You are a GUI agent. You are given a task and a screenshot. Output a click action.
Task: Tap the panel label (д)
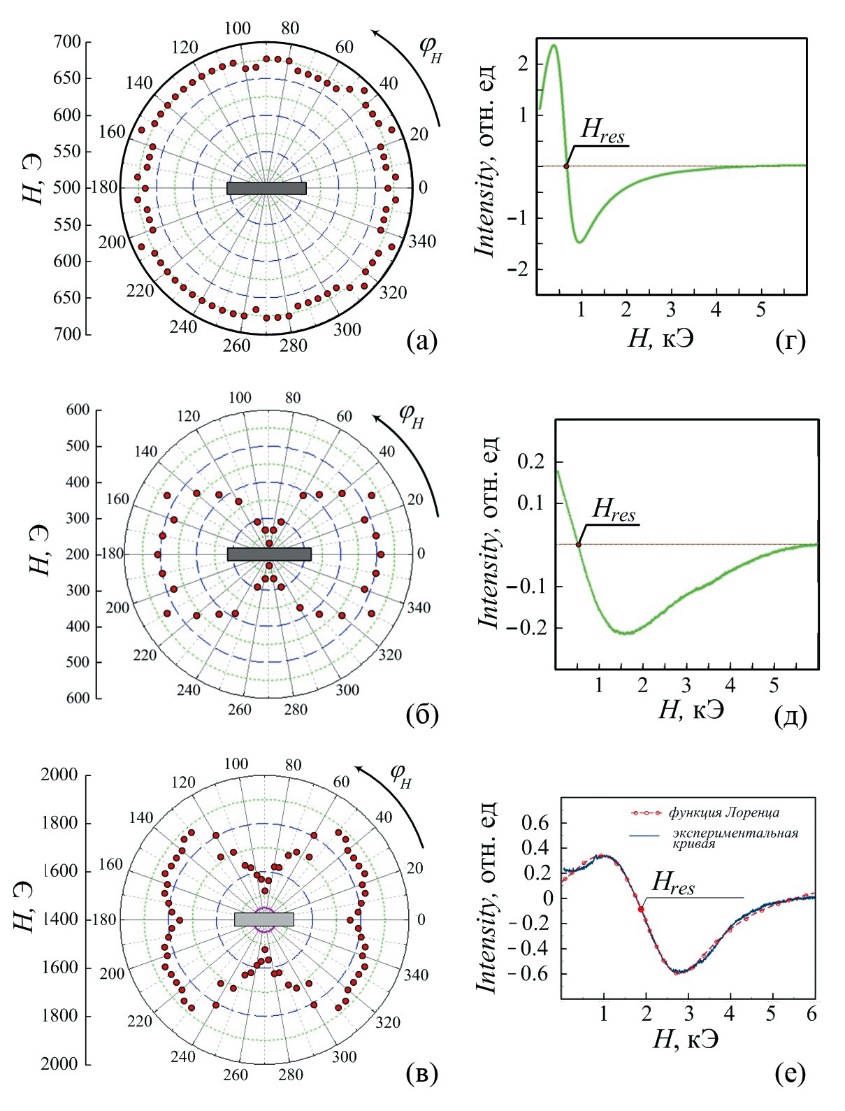click(791, 717)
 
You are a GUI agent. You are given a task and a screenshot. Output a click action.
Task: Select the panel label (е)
click(790, 1074)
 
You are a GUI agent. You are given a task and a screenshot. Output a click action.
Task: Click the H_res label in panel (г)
click(602, 134)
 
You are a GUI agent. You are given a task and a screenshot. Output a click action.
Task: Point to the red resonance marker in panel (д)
click(578, 544)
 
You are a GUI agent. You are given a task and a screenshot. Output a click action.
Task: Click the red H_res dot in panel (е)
click(641, 909)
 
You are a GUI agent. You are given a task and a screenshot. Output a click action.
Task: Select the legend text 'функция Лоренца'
click(723, 812)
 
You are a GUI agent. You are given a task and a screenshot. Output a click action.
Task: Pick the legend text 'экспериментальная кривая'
click(735, 838)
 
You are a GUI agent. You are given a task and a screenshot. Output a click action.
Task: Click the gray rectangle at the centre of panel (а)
click(266, 188)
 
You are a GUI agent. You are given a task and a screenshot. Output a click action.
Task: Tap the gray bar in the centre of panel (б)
click(269, 554)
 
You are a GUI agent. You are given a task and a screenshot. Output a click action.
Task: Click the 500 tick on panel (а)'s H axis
click(68, 188)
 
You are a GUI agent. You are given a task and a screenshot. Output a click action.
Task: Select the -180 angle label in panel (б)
click(112, 554)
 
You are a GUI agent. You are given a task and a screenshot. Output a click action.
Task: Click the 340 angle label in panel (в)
click(417, 975)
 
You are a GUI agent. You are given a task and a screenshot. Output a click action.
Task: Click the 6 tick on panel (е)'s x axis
click(811, 1015)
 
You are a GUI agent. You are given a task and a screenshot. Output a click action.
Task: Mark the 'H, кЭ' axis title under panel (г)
click(661, 339)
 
